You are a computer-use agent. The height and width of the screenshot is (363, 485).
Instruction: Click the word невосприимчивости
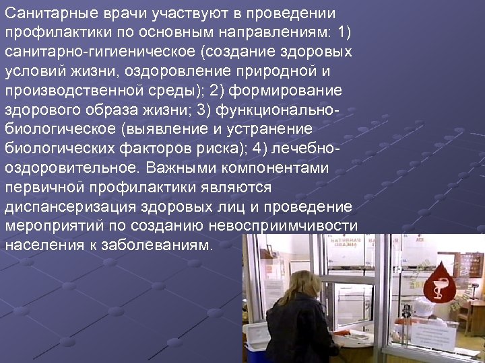290,225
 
